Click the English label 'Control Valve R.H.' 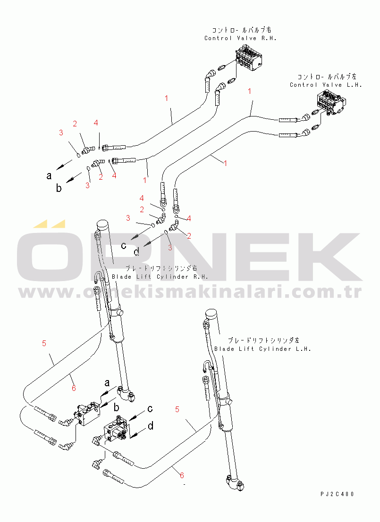click(240, 38)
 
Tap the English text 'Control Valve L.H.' click(326, 85)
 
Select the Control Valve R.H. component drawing click(248, 59)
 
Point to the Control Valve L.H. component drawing click(331, 103)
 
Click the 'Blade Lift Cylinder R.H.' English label click(160, 277)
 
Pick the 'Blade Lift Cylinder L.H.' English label click(262, 349)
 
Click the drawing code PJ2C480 click(337, 494)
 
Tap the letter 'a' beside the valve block click(107, 383)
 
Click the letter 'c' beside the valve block click(150, 408)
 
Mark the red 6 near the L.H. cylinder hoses click(182, 475)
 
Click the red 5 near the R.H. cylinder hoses click(44, 343)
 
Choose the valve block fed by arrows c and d click(116, 431)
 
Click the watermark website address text click(190, 292)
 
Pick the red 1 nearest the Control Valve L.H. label click(249, 91)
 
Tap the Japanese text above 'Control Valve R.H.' click(242, 30)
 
